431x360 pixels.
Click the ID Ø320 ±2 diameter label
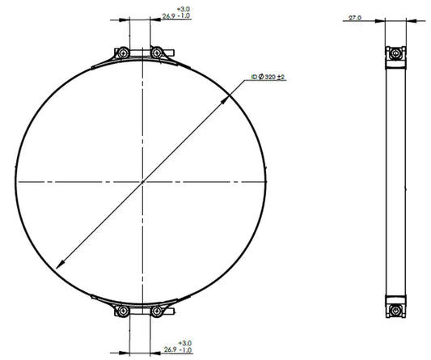point(268,78)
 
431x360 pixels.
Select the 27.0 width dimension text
point(355,18)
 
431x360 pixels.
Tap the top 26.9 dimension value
point(168,16)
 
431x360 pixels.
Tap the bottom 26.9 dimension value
point(170,349)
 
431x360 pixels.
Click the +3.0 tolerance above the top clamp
point(184,10)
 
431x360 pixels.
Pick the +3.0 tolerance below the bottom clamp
point(184,343)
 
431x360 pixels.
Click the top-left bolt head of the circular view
point(123,53)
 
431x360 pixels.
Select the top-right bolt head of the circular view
point(157,53)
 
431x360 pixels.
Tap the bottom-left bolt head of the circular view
point(123,311)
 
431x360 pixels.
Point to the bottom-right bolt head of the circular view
point(157,311)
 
